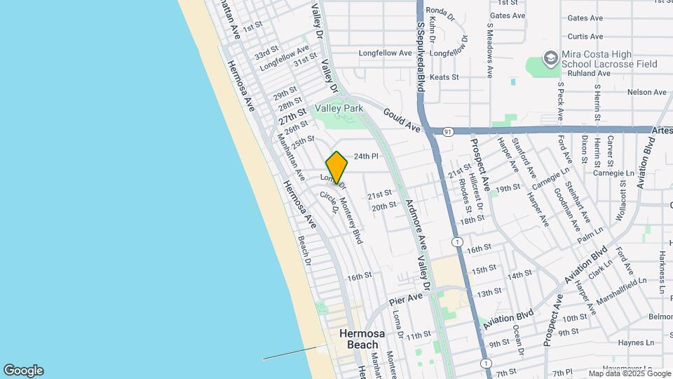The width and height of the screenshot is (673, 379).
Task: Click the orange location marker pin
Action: pos(337,167)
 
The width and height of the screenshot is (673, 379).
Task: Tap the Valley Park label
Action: pos(339,108)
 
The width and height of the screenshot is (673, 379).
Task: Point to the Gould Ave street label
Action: pos(401,120)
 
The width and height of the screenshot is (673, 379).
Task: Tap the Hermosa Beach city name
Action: pos(358,339)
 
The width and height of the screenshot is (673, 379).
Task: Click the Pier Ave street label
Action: pos(407,300)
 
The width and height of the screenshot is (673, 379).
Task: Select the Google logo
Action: pos(23,371)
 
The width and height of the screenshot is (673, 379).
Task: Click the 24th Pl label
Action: pos(366,157)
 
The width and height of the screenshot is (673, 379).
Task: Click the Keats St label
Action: pos(444,77)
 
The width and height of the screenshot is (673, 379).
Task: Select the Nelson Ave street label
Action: pos(647,92)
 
